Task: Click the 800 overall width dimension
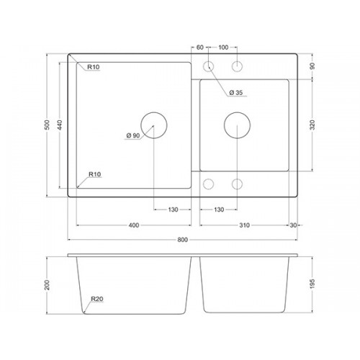click(182, 240)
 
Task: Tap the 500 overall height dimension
click(48, 125)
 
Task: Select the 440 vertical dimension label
click(60, 125)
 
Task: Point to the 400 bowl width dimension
click(134, 225)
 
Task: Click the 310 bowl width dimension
click(244, 225)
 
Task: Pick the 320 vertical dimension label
click(312, 125)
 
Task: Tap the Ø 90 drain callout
click(133, 135)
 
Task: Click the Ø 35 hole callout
click(236, 92)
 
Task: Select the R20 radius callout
click(97, 299)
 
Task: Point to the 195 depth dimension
click(312, 284)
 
